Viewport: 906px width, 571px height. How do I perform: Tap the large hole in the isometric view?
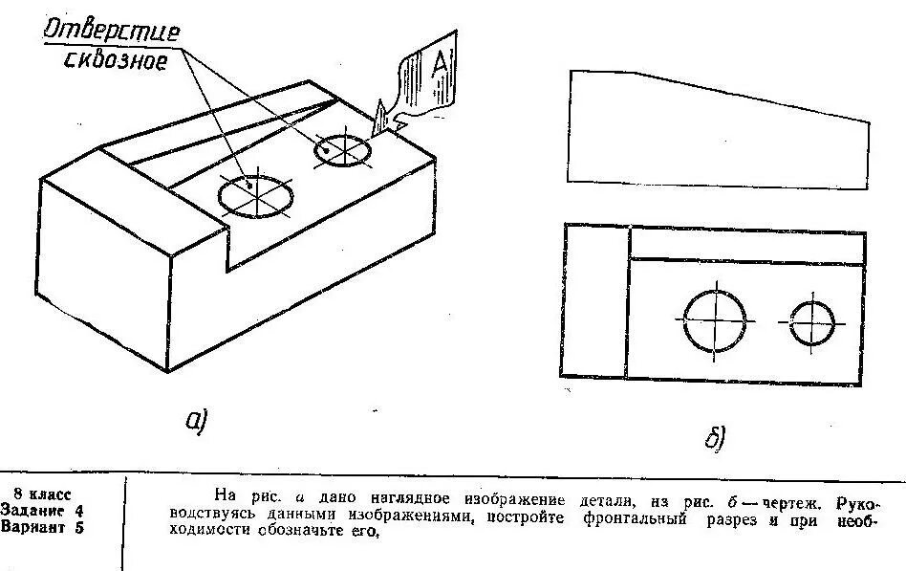coord(256,195)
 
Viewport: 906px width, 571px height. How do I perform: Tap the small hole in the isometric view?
coord(342,150)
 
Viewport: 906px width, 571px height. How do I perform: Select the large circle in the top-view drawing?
coord(715,320)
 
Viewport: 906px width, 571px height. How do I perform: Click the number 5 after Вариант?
coord(78,525)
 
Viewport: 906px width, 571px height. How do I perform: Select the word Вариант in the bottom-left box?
coord(34,525)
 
